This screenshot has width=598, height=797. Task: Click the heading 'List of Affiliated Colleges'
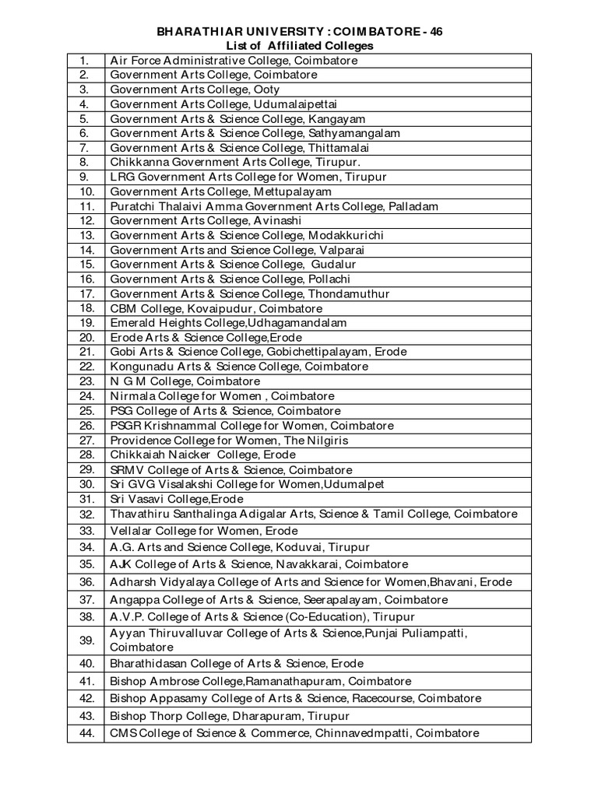coord(299,46)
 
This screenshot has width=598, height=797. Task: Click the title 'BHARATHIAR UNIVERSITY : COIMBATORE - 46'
coord(299,31)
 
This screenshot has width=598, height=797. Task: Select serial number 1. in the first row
coord(85,60)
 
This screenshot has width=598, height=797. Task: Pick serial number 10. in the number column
coord(86,191)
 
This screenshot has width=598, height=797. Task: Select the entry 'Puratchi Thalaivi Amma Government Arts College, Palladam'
coord(274,206)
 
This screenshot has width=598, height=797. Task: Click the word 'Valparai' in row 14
coord(341,250)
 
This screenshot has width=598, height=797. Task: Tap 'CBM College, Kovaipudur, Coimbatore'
coord(216,308)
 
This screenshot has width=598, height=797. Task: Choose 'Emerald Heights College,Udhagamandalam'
coord(229,322)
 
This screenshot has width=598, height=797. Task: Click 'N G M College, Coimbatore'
coord(185,381)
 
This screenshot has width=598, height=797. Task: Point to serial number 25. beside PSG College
coord(86,411)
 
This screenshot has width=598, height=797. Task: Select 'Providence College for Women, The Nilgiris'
coord(229,441)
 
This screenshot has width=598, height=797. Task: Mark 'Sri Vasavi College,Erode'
coord(177,499)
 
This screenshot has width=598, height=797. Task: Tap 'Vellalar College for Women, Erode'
coord(204,531)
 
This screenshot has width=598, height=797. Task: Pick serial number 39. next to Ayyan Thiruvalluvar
coord(86,640)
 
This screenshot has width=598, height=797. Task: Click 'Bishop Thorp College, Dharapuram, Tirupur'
coord(230,716)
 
